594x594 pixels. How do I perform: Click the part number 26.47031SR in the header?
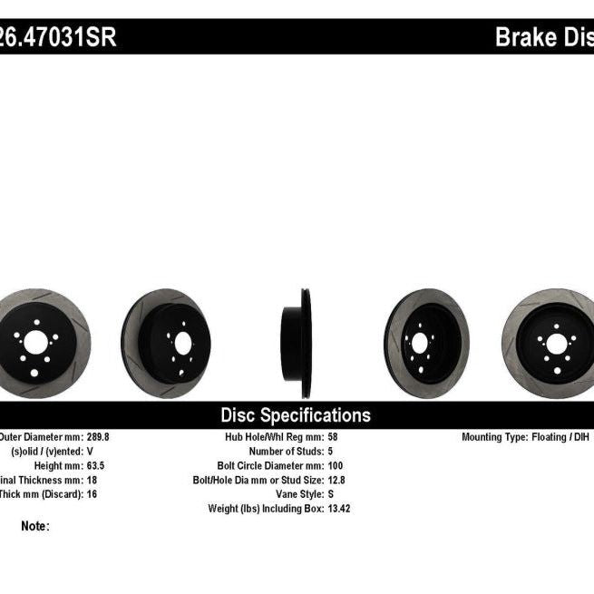point(58,39)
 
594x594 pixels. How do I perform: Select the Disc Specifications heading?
point(296,415)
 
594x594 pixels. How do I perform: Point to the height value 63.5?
point(95,465)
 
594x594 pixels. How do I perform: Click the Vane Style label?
point(300,494)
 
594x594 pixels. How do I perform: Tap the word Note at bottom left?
point(34,526)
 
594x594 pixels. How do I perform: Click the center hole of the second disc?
point(182,343)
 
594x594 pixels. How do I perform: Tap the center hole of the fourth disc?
point(419,343)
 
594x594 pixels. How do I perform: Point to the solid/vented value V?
point(89,451)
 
